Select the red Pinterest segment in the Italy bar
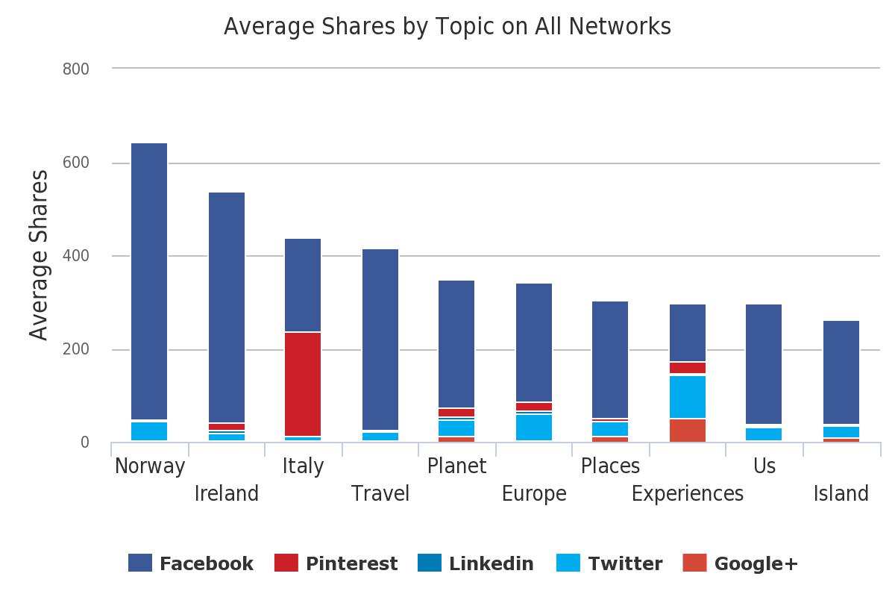(x=303, y=384)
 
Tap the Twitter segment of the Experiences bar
(x=688, y=396)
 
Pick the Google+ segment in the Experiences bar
(x=688, y=431)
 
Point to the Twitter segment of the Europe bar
(x=534, y=428)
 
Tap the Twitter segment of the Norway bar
(x=149, y=431)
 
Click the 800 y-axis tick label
(x=75, y=69)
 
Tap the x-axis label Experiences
(x=687, y=494)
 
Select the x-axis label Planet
(x=456, y=466)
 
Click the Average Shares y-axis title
(x=39, y=255)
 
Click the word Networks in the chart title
(x=620, y=27)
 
